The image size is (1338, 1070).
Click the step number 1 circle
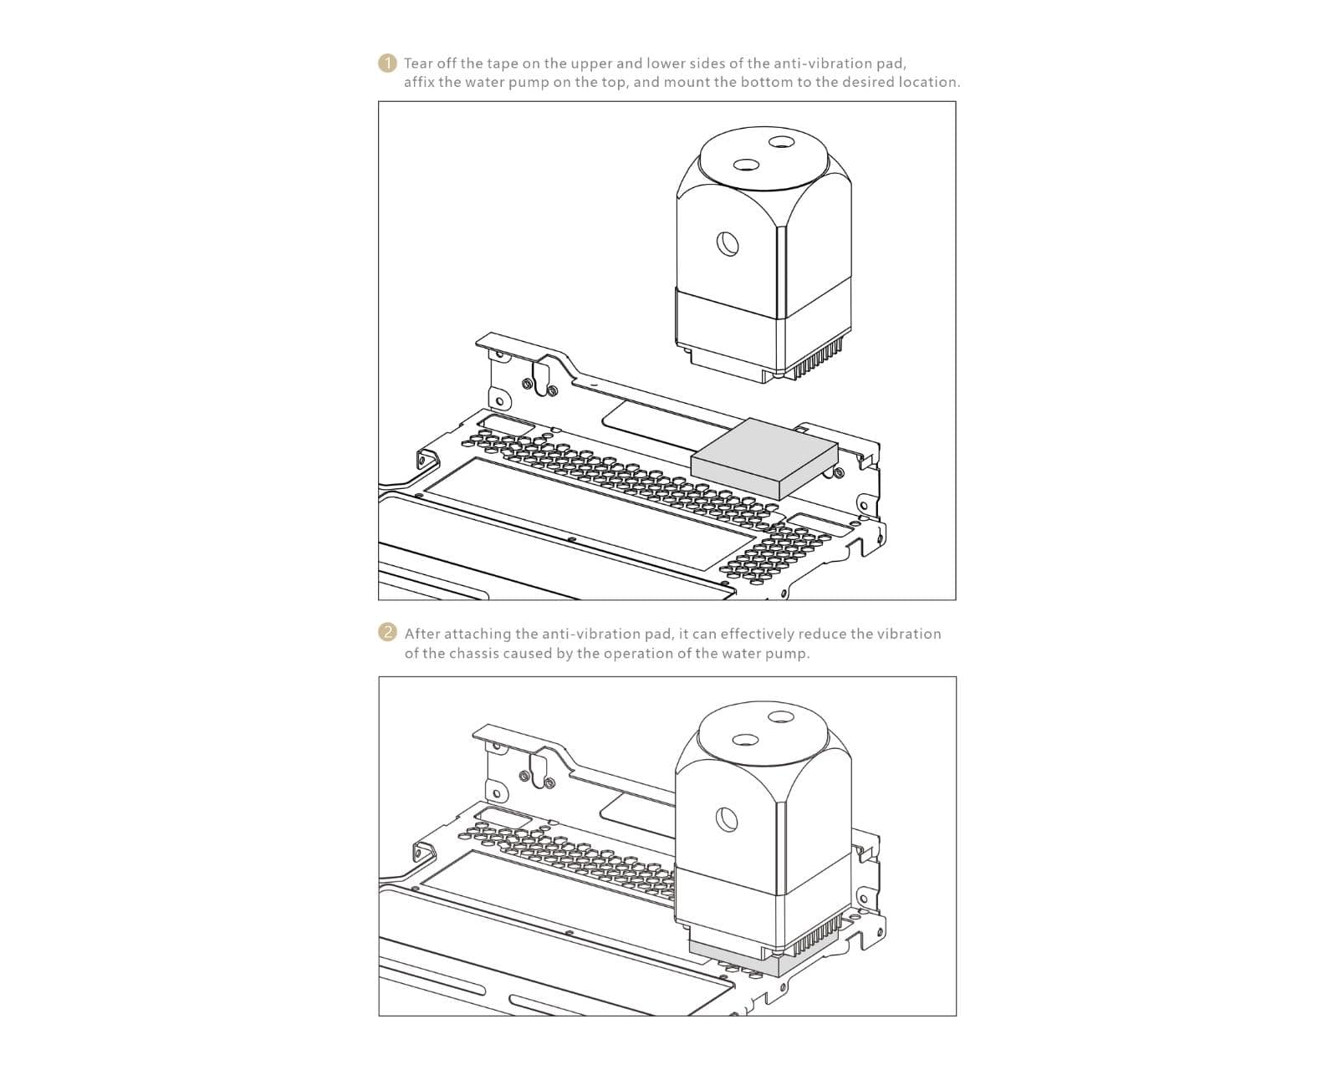pyautogui.click(x=386, y=64)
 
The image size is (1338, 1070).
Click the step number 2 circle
pyautogui.click(x=386, y=633)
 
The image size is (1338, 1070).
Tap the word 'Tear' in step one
pyautogui.click(x=418, y=64)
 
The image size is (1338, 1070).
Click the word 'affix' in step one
pyautogui.click(x=419, y=82)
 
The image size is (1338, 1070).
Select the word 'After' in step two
pyautogui.click(x=422, y=634)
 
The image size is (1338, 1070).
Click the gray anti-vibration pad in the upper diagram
pyautogui.click(x=764, y=457)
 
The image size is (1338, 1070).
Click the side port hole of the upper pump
pyautogui.click(x=727, y=243)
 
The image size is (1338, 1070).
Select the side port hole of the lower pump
pyautogui.click(x=726, y=819)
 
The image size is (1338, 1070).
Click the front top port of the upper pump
pyautogui.click(x=745, y=166)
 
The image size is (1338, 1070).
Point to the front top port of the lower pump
pyautogui.click(x=745, y=740)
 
